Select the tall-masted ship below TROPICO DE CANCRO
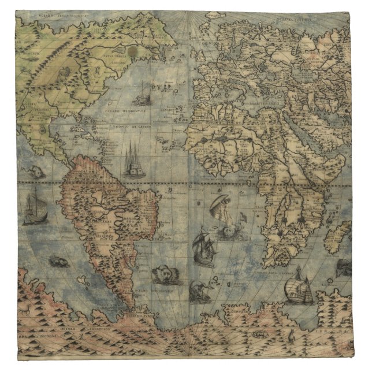point(134,161)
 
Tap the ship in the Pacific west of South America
point(33,209)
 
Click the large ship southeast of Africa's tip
point(299,289)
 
